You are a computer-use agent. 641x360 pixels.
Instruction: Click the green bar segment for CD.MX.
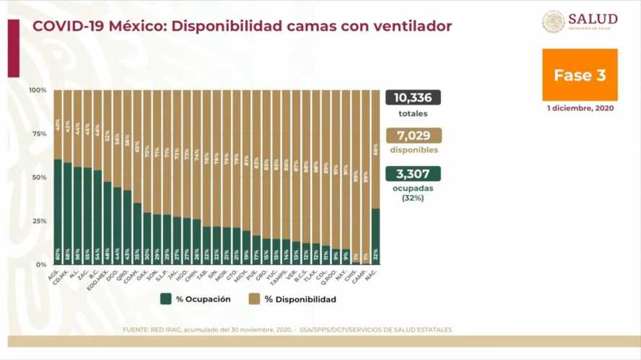pyautogui.click(x=68, y=214)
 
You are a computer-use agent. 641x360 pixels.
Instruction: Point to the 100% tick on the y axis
pyautogui.click(x=38, y=90)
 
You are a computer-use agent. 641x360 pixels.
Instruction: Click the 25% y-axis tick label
pyautogui.click(x=39, y=221)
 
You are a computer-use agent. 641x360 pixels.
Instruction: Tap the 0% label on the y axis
pyautogui.click(x=41, y=265)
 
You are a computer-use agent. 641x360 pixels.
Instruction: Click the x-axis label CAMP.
pyautogui.click(x=364, y=275)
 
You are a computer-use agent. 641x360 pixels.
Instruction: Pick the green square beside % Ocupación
pyautogui.click(x=166, y=299)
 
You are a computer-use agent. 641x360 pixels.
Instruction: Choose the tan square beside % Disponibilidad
pyautogui.click(x=255, y=299)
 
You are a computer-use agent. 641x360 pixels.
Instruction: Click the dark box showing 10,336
pyautogui.click(x=413, y=97)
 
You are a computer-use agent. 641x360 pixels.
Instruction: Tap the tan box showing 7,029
pyautogui.click(x=413, y=136)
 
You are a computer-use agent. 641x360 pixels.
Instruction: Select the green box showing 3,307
pyautogui.click(x=413, y=174)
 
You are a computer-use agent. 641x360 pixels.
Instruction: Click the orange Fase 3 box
pyautogui.click(x=580, y=75)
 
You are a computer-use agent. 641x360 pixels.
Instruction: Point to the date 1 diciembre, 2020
pyautogui.click(x=580, y=107)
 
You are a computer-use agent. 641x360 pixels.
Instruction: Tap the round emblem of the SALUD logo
pyautogui.click(x=553, y=22)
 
